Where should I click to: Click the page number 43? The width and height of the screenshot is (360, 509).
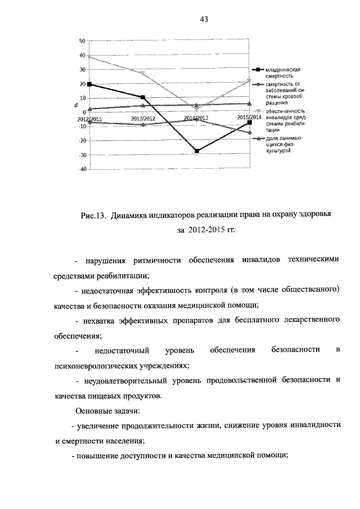point(204,20)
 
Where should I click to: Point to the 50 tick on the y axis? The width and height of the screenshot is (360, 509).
point(82,41)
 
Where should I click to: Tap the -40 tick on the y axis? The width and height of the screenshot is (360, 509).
point(82,169)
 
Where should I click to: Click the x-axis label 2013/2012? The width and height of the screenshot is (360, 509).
point(143,119)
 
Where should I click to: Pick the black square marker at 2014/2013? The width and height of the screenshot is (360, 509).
point(197,151)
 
